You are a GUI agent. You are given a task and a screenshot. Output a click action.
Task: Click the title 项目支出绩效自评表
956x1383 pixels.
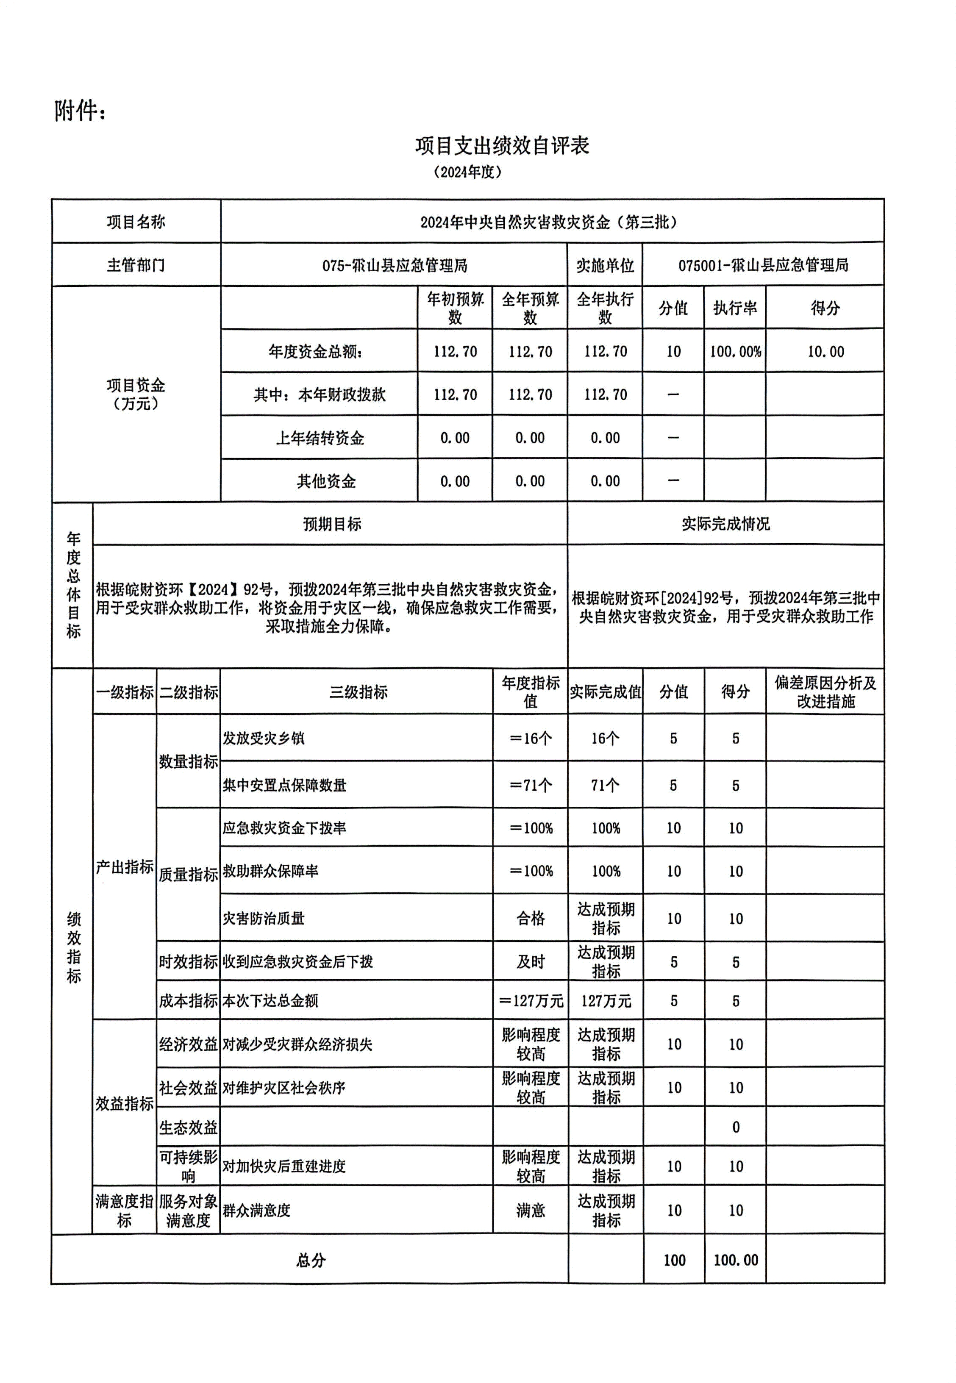click(x=502, y=146)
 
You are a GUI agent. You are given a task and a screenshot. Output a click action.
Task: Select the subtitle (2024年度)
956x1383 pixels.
click(x=467, y=172)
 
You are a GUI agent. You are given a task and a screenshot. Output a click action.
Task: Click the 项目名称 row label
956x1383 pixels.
click(x=136, y=222)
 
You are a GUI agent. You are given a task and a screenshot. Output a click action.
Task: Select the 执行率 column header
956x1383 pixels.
click(x=735, y=308)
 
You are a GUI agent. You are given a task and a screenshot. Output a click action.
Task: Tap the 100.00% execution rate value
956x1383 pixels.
click(x=735, y=352)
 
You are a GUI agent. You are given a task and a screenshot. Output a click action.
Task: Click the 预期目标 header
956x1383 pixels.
click(x=331, y=524)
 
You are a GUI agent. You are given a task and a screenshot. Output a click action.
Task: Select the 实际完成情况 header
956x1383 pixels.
click(x=725, y=524)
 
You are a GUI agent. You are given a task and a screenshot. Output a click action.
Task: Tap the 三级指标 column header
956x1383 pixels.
click(x=358, y=692)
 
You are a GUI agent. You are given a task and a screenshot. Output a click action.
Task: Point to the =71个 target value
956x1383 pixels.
click(x=530, y=785)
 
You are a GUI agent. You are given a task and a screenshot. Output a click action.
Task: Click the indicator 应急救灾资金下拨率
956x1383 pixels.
click(x=284, y=828)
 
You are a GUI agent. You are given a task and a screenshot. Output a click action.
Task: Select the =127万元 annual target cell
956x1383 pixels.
click(x=530, y=1001)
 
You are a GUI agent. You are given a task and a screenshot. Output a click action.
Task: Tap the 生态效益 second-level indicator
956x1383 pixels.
click(x=188, y=1128)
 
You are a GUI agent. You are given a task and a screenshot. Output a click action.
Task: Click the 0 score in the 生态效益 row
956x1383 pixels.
click(x=736, y=1128)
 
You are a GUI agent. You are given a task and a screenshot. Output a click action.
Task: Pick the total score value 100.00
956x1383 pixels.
click(x=736, y=1260)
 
